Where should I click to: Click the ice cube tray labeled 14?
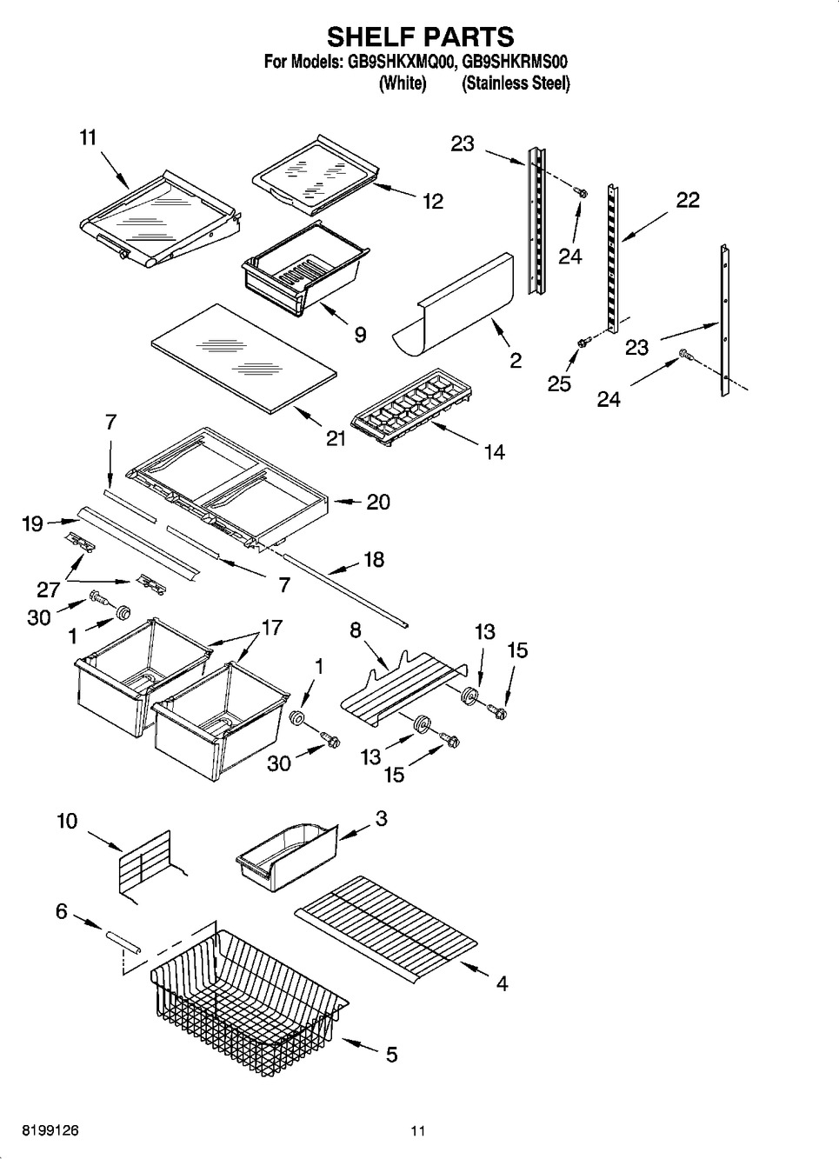[411, 407]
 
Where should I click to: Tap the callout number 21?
[336, 439]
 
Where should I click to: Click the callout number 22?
[688, 200]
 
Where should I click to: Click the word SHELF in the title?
[370, 37]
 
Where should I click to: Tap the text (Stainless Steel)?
[516, 83]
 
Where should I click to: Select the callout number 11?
[88, 138]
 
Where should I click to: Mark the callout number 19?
[32, 524]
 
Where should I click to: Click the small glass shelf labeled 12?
[316, 176]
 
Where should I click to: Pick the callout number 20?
[378, 502]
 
